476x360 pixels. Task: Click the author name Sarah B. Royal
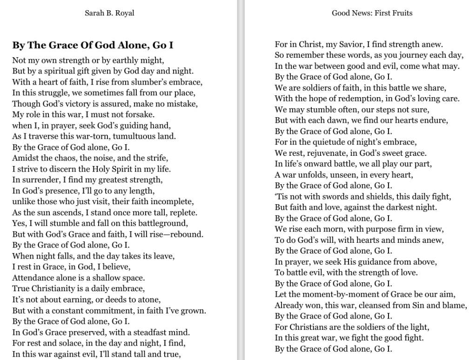[x=109, y=13]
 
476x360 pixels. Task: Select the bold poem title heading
[x=93, y=45]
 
